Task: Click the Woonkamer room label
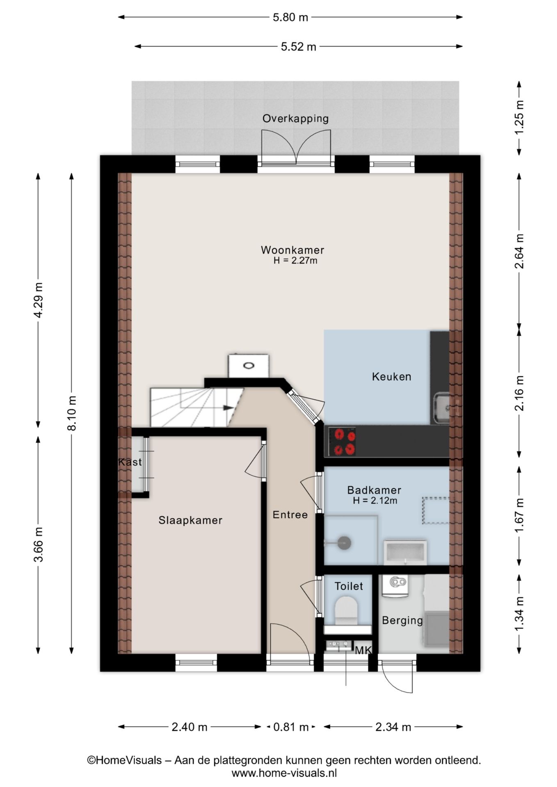click(x=292, y=250)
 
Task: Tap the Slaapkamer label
click(x=190, y=520)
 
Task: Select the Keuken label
click(x=391, y=377)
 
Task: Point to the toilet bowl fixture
click(x=346, y=610)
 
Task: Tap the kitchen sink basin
click(x=442, y=408)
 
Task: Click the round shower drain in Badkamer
click(x=345, y=543)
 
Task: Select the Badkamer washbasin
click(x=405, y=552)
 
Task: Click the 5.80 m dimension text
click(x=290, y=17)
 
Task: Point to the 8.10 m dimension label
click(x=71, y=413)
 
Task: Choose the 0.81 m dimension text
click(x=291, y=727)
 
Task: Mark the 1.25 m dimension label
click(x=519, y=117)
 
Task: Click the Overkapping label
click(x=296, y=118)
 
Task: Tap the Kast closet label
click(x=130, y=462)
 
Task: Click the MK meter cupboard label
click(x=363, y=651)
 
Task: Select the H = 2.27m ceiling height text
click(x=295, y=260)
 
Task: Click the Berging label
click(x=402, y=621)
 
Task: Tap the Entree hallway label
click(x=290, y=515)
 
